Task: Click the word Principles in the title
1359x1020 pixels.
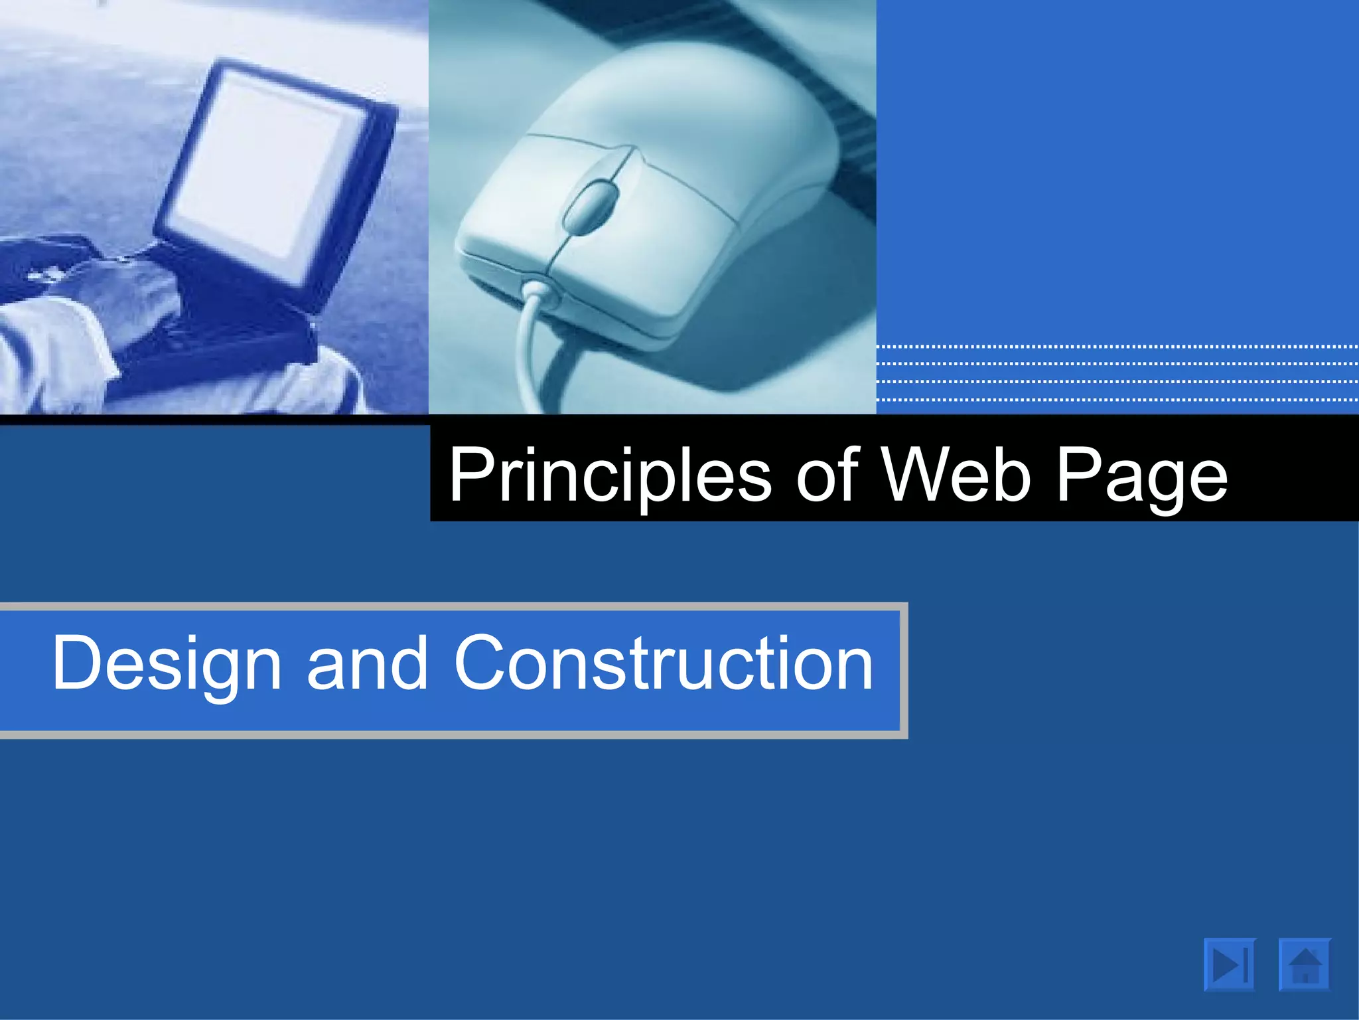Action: tap(610, 475)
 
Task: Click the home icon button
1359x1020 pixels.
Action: tap(1305, 965)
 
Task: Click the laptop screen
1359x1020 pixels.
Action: tap(265, 166)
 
